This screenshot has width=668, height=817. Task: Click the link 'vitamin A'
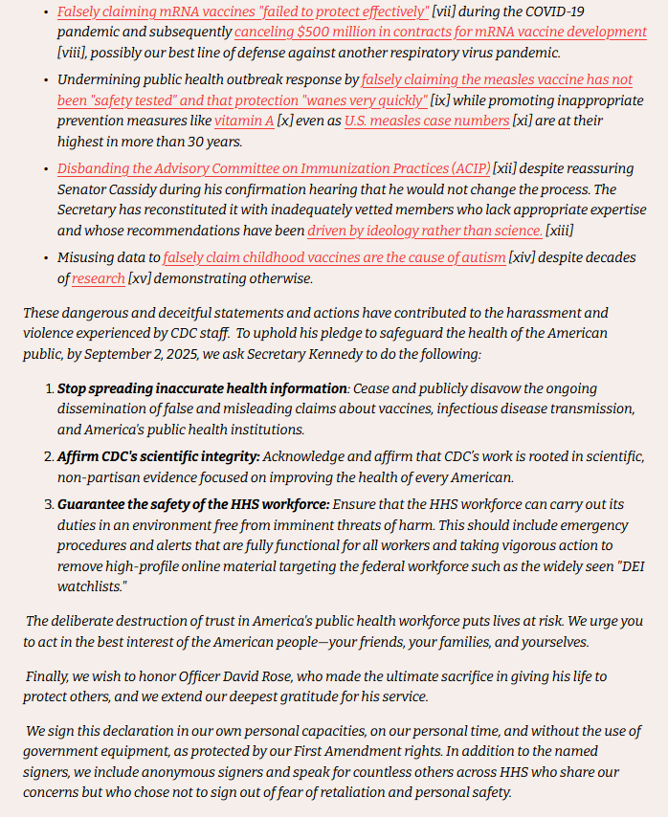click(244, 121)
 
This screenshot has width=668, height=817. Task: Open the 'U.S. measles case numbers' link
click(427, 121)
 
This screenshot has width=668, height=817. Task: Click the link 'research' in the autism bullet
click(99, 278)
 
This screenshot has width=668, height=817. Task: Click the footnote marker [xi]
click(525, 121)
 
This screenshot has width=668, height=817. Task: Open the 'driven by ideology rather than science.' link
click(425, 232)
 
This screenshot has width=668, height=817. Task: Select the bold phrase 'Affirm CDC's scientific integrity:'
click(158, 456)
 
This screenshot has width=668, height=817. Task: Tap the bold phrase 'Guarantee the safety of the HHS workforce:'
click(193, 503)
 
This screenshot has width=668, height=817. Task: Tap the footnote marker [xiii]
click(560, 232)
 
